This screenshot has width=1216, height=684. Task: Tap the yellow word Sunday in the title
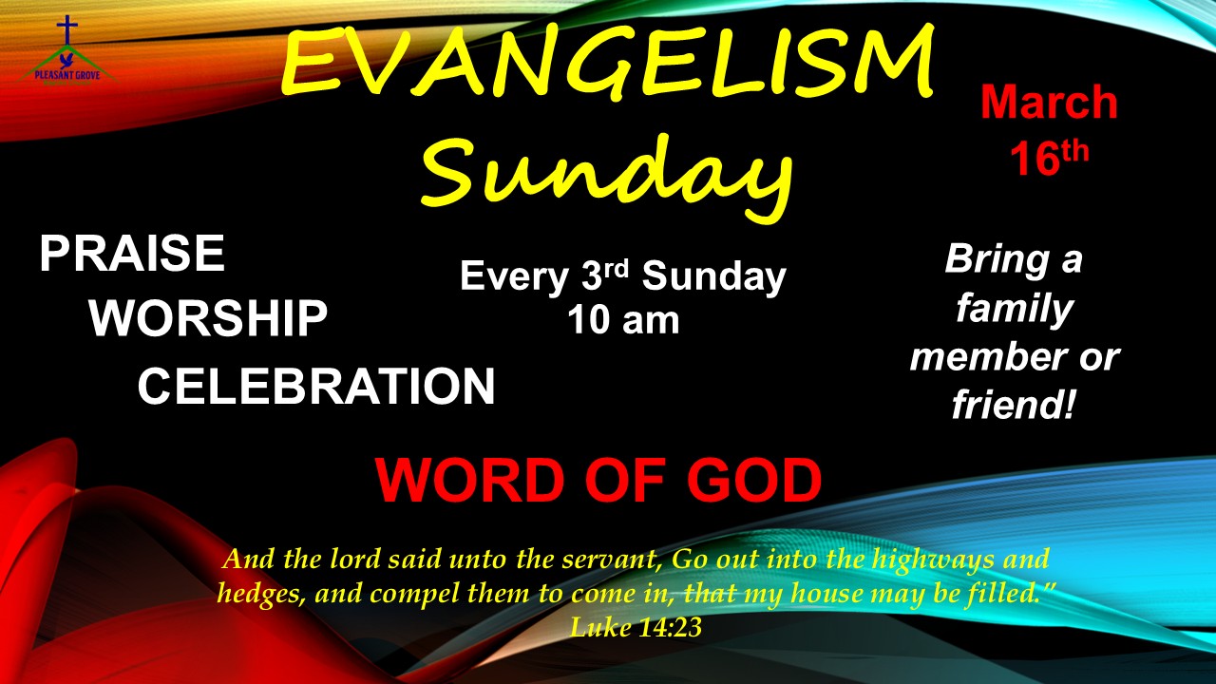tap(606, 175)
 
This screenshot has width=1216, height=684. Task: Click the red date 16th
tap(1049, 158)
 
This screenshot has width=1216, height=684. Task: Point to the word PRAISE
tap(132, 254)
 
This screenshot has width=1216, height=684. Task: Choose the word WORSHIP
tap(208, 318)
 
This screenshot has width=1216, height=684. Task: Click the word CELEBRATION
tap(316, 386)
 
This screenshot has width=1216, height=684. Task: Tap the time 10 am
tap(623, 320)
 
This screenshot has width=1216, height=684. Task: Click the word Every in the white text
tap(514, 277)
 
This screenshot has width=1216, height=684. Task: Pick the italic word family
tap(1015, 310)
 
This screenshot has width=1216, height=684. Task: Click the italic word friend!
tap(1013, 405)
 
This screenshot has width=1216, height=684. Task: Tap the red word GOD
tap(754, 481)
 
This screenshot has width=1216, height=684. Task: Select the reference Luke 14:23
tap(636, 628)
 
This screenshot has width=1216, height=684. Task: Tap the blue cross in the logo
tap(67, 30)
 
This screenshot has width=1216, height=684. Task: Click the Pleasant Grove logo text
tap(67, 75)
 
